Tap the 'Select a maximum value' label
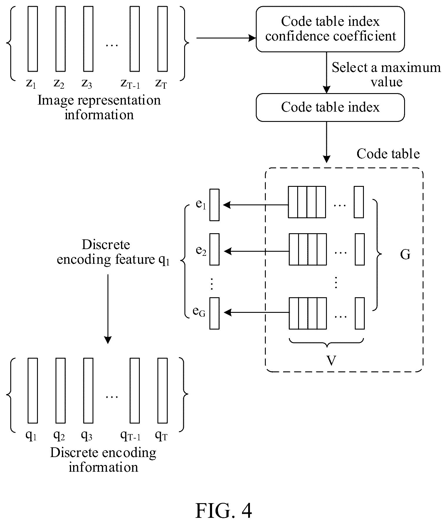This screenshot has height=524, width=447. click(x=386, y=75)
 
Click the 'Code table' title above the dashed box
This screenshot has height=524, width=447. click(x=388, y=154)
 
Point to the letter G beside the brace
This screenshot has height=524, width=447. click(x=405, y=255)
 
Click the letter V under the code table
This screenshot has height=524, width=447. click(x=331, y=360)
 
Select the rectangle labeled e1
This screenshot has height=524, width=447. click(x=214, y=205)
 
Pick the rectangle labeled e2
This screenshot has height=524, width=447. click(x=214, y=249)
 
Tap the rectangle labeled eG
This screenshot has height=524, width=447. click(x=214, y=313)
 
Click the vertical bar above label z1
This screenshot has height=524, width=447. click(x=33, y=39)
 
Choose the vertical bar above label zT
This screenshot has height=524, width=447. click(x=162, y=39)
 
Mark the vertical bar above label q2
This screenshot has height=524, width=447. click(x=61, y=391)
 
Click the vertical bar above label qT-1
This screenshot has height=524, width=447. click(x=135, y=391)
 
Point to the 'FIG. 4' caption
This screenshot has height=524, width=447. click(x=223, y=511)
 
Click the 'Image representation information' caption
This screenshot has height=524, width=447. click(x=99, y=108)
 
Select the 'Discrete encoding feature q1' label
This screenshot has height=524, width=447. click(x=113, y=252)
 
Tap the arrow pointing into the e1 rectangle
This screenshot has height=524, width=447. click(x=256, y=205)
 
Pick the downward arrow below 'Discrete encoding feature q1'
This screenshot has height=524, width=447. click(x=108, y=309)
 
